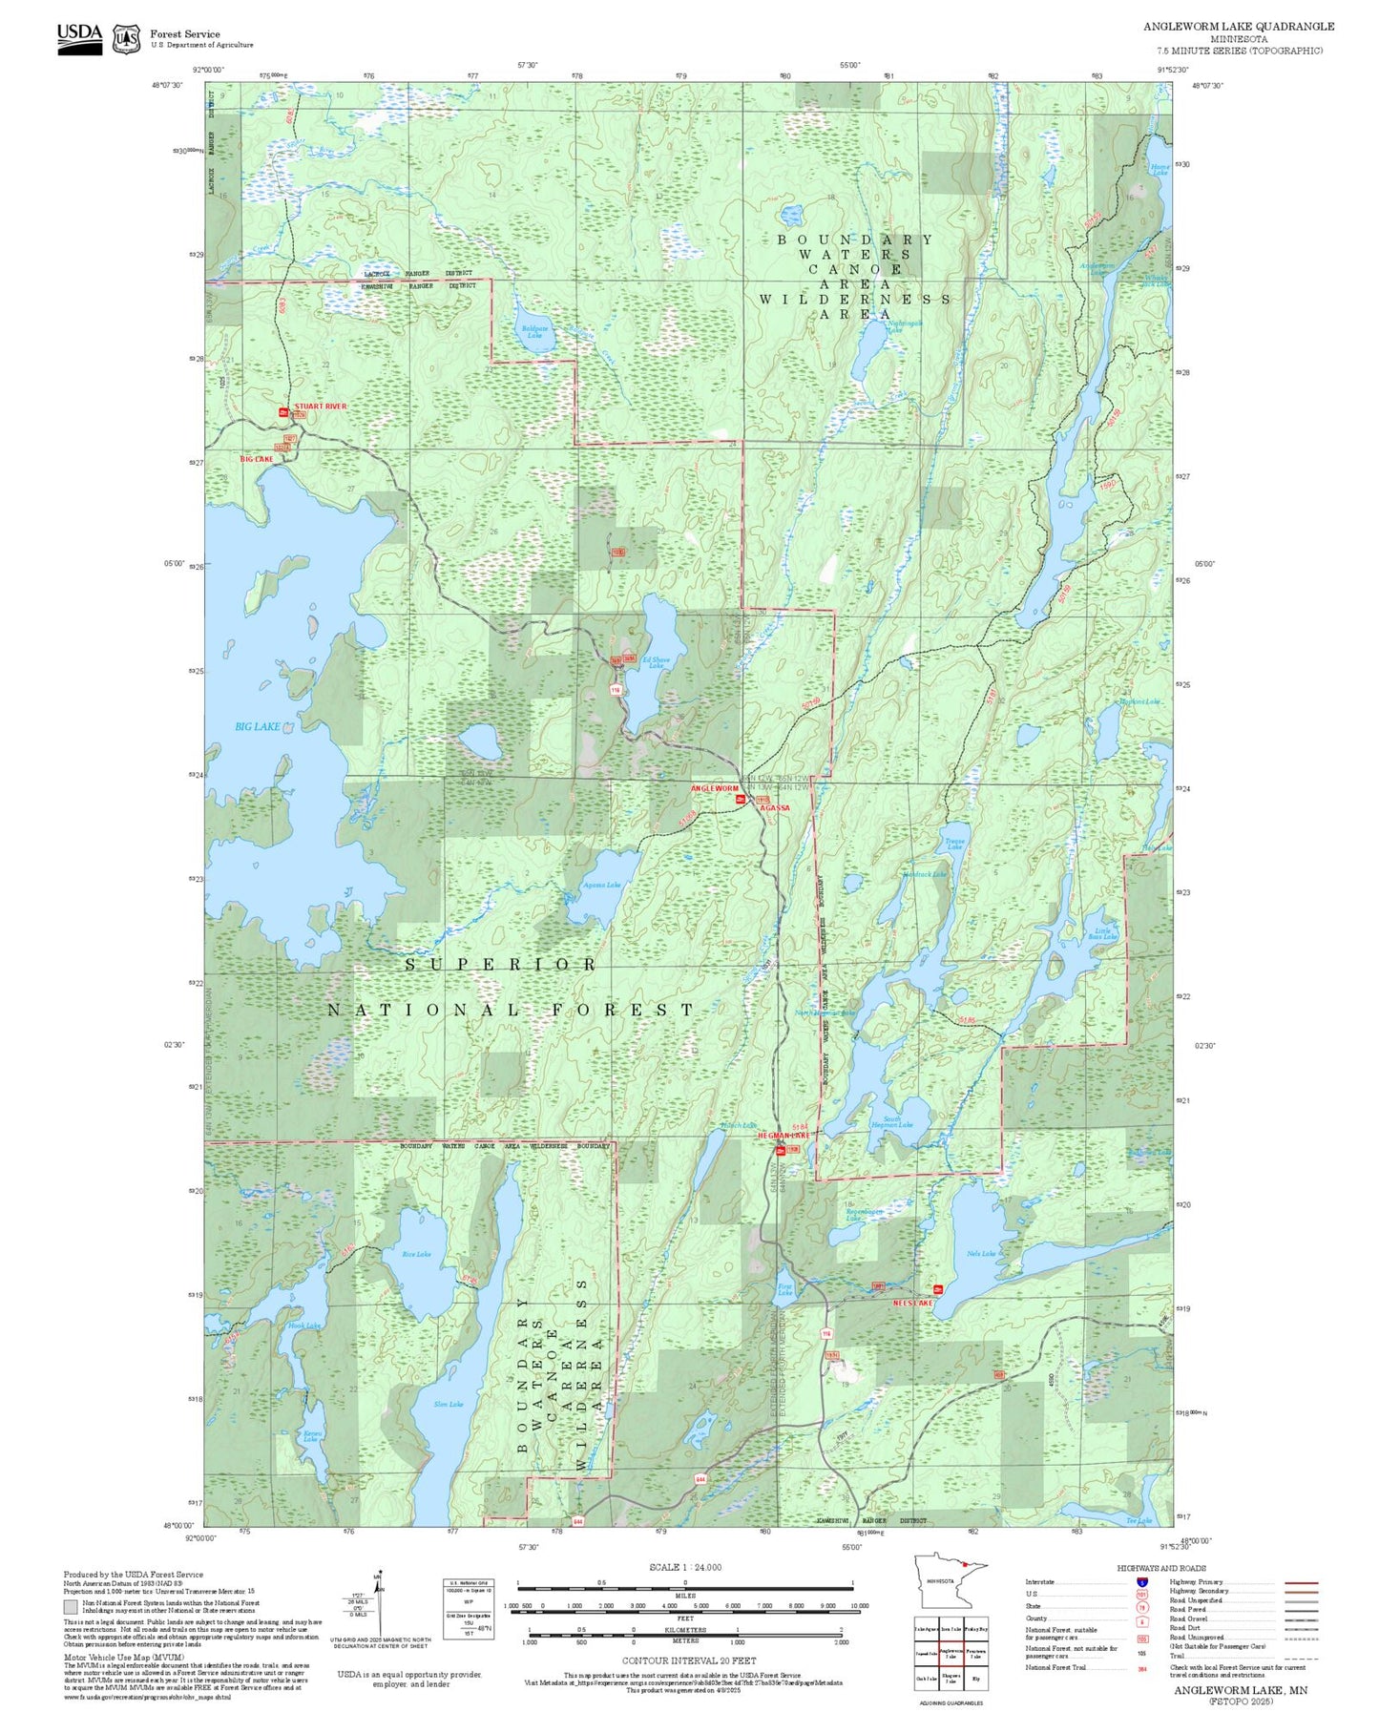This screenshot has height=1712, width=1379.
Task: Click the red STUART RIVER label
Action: coord(321,407)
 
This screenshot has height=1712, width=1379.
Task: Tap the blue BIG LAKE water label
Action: coord(258,726)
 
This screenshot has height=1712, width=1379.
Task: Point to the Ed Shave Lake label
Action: coord(656,662)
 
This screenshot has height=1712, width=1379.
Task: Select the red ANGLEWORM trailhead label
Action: coord(714,789)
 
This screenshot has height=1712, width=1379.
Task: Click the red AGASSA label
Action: coord(774,808)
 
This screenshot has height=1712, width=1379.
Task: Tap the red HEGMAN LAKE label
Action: coord(783,1136)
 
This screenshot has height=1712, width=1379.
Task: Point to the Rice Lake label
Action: coord(416,1254)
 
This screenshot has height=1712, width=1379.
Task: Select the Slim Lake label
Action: coord(448,1404)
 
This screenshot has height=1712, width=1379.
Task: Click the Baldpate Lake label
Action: coord(533,333)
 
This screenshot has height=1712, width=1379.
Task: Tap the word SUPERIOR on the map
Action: coord(501,965)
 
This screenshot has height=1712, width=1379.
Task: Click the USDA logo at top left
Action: coord(79,37)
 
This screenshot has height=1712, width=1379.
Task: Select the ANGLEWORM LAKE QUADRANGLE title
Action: coord(1239,27)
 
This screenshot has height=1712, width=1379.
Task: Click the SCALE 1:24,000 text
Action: coord(685,1567)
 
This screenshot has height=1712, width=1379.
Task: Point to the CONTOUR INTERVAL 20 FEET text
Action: coord(688,1660)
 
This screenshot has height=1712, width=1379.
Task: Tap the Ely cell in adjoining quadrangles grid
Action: coord(975,1679)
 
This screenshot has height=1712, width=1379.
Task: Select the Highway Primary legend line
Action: coord(1301,1582)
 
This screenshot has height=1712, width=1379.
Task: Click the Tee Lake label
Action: coord(1139,1521)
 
